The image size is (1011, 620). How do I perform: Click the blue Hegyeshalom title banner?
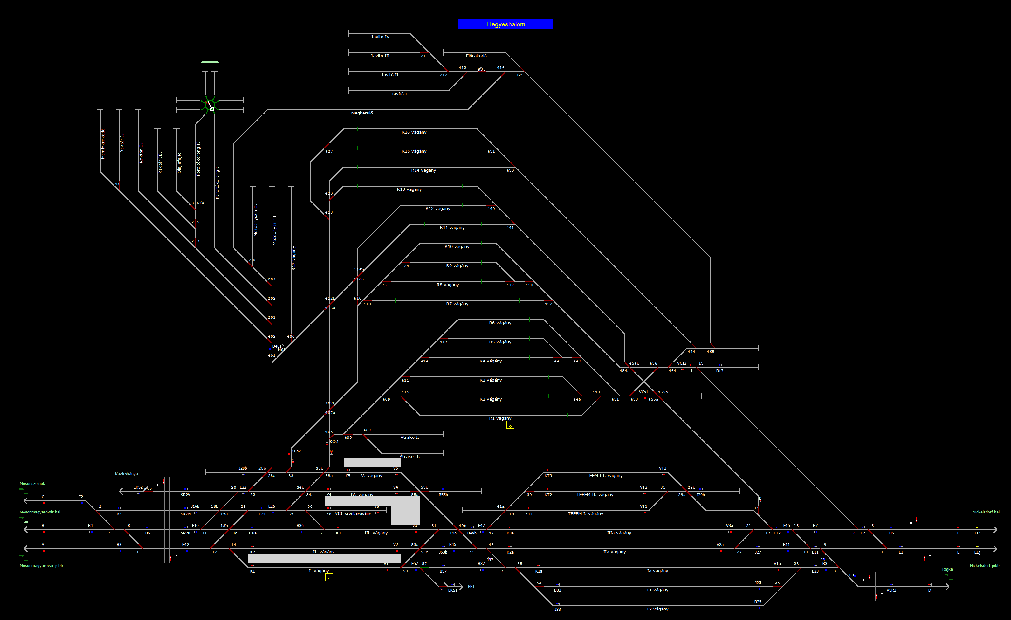(x=505, y=24)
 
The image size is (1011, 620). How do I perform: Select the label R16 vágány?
(x=414, y=132)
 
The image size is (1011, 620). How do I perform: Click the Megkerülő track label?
(x=362, y=113)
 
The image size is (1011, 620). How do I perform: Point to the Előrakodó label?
(x=476, y=56)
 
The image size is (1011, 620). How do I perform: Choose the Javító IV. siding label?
(x=381, y=37)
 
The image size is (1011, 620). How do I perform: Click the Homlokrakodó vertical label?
(x=103, y=144)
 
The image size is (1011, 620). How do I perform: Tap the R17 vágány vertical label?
(x=293, y=258)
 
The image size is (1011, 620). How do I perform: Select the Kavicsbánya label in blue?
(x=127, y=474)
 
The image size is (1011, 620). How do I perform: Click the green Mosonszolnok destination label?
(x=32, y=483)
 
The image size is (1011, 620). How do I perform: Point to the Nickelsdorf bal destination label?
(x=986, y=512)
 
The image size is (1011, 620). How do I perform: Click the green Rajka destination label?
(x=947, y=569)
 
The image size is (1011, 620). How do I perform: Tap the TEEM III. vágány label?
(x=604, y=476)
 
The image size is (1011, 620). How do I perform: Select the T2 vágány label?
(x=657, y=609)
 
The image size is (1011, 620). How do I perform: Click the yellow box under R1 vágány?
(x=510, y=425)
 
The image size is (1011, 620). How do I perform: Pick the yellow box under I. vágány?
(x=329, y=578)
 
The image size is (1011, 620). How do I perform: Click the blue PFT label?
(x=471, y=586)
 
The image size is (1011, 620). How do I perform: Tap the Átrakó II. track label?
(x=409, y=456)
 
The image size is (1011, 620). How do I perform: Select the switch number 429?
(x=519, y=75)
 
